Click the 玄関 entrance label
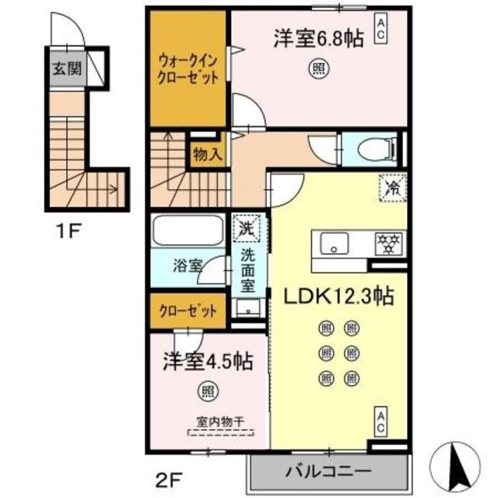[x=67, y=68]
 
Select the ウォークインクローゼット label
[x=188, y=67]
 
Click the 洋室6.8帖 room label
[x=318, y=40]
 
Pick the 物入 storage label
[x=207, y=154]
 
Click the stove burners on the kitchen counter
[x=387, y=242]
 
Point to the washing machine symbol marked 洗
[x=247, y=229]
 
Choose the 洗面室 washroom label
[x=247, y=270]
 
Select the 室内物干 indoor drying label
[x=219, y=423]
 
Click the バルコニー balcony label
[x=328, y=472]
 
